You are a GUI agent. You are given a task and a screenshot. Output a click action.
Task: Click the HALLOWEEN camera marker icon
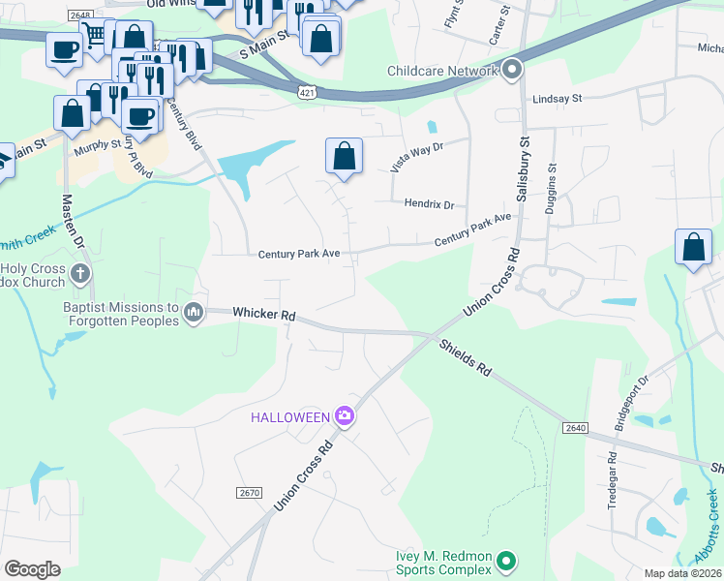[x=345, y=416]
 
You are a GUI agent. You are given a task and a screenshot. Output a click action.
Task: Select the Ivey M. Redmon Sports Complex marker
[x=504, y=561]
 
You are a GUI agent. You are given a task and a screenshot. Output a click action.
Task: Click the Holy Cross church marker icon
[x=80, y=274]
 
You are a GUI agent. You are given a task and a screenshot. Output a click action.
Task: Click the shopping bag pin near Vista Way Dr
[x=344, y=157]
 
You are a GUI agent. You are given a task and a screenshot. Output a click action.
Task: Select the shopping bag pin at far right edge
[x=694, y=247]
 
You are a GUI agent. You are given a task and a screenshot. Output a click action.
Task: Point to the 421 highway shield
[x=304, y=90]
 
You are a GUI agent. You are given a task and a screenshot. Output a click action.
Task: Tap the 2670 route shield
[x=249, y=493]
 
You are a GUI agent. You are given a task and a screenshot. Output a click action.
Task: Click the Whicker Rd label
[x=264, y=315]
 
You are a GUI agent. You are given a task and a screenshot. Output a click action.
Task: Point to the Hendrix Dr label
[x=429, y=204]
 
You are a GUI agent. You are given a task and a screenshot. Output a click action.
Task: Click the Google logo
[x=32, y=569]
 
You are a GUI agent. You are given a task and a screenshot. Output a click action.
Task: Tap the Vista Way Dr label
[x=416, y=156]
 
